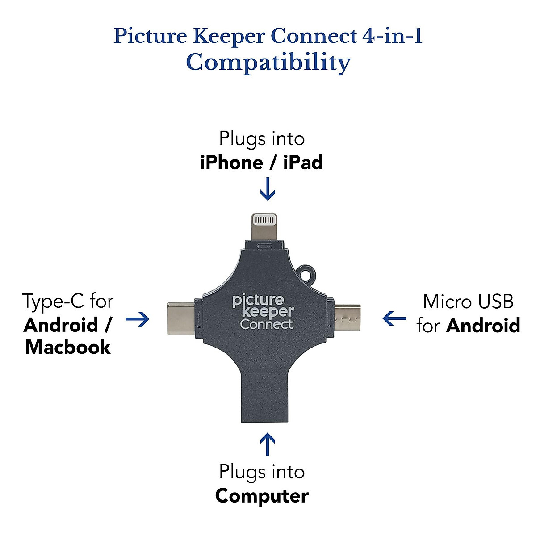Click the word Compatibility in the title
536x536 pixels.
[x=268, y=63]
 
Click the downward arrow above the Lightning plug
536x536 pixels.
[x=268, y=189]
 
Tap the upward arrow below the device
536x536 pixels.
[x=268, y=444]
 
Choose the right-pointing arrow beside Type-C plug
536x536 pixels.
[x=138, y=319]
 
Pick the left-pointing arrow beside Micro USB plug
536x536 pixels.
[x=394, y=319]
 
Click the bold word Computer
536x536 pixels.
[x=262, y=496]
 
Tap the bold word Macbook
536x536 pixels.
[x=68, y=347]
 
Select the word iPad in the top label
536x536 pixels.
[x=303, y=163]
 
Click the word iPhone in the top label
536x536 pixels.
[x=231, y=163]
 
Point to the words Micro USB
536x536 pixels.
[x=468, y=301]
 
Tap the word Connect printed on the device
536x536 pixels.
[x=267, y=325]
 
